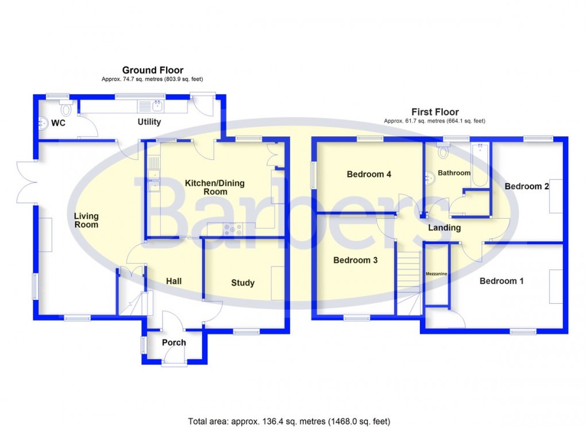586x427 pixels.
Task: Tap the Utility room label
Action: (x=149, y=122)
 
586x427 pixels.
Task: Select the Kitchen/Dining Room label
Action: (x=214, y=187)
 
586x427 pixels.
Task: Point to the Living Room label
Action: (x=86, y=220)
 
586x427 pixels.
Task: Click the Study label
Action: (x=242, y=283)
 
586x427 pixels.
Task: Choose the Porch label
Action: (x=174, y=342)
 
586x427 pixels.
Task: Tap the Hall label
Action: (x=174, y=281)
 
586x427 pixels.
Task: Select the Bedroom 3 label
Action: (x=355, y=260)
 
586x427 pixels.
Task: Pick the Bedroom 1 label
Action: (x=502, y=281)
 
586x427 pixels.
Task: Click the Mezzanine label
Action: (x=436, y=274)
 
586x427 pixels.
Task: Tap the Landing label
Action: (x=444, y=228)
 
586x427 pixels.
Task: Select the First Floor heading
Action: (x=434, y=112)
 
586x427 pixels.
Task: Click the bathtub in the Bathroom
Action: (x=479, y=166)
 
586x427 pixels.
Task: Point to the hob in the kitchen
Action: (x=234, y=228)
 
